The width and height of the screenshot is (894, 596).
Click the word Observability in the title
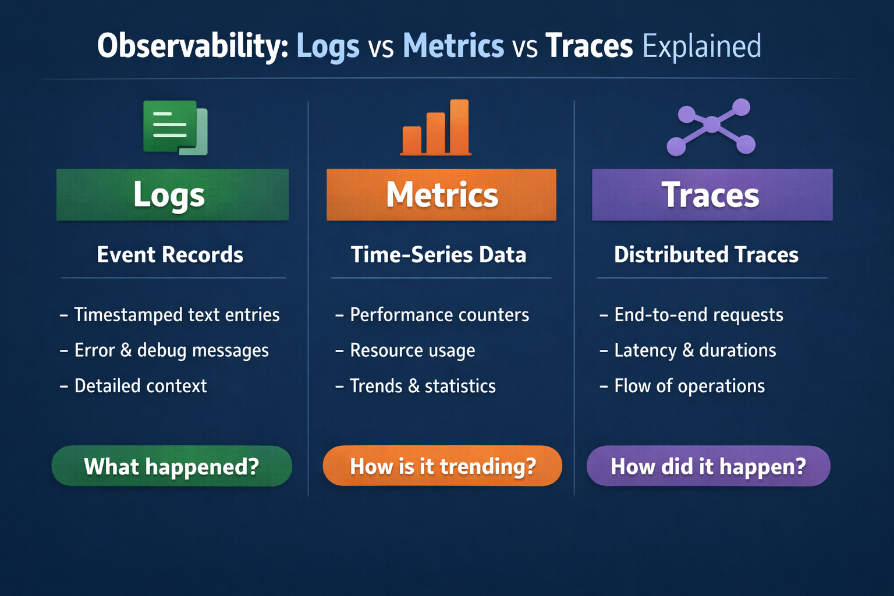[x=192, y=47]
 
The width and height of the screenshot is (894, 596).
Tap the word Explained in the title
[x=701, y=47]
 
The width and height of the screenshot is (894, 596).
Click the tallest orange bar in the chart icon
[x=459, y=126]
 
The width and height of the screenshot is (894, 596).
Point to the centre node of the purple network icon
[x=712, y=124]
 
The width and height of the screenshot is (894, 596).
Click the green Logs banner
[x=172, y=194]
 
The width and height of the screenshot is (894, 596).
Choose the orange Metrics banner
[x=441, y=194]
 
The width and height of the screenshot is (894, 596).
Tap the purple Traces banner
[x=712, y=194]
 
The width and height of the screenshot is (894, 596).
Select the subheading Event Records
[x=170, y=255]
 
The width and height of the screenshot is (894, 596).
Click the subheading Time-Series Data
[x=438, y=255]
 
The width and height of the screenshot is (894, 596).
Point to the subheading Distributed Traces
[x=706, y=255]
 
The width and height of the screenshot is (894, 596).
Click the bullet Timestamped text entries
[x=176, y=315]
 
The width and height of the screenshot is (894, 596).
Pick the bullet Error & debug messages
[x=171, y=350]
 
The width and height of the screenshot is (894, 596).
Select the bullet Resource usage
[x=412, y=350]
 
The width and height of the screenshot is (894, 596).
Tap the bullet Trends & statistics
[x=423, y=386]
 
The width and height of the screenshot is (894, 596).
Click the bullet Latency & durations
[x=695, y=350]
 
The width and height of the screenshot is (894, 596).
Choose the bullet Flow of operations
[x=689, y=386]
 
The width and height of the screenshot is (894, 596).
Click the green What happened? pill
[x=172, y=466]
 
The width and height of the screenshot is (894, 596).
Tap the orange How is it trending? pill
[x=442, y=466]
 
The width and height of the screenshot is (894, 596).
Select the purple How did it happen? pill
[x=708, y=466]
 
